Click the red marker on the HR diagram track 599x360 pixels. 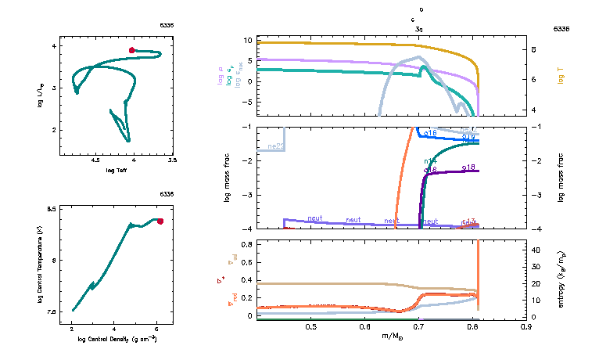132,50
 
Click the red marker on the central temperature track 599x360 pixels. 160,221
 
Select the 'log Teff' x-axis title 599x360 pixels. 117,171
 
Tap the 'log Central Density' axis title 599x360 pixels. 117,340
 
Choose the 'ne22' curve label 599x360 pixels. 275,146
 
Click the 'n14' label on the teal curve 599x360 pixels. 430,161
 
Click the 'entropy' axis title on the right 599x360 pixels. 561,279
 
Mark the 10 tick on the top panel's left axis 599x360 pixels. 247,40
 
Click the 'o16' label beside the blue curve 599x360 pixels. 430,133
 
